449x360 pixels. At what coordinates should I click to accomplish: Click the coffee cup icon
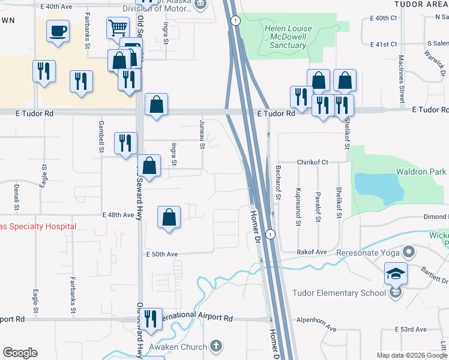[58, 31]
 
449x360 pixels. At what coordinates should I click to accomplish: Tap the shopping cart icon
[118, 27]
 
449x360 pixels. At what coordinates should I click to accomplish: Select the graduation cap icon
[396, 274]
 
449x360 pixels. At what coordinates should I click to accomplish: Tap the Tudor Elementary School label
[339, 293]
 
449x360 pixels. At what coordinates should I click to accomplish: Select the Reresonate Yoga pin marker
[409, 252]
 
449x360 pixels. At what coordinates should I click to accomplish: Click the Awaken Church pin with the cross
[216, 346]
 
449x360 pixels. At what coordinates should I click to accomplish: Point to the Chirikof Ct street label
[312, 162]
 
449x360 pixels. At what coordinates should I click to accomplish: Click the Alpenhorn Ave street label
[315, 324]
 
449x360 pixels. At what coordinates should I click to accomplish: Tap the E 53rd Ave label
[411, 329]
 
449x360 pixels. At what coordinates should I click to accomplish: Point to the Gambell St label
[101, 135]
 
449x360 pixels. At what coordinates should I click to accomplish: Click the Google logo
[20, 353]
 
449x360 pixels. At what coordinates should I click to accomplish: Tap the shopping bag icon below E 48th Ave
[169, 217]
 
